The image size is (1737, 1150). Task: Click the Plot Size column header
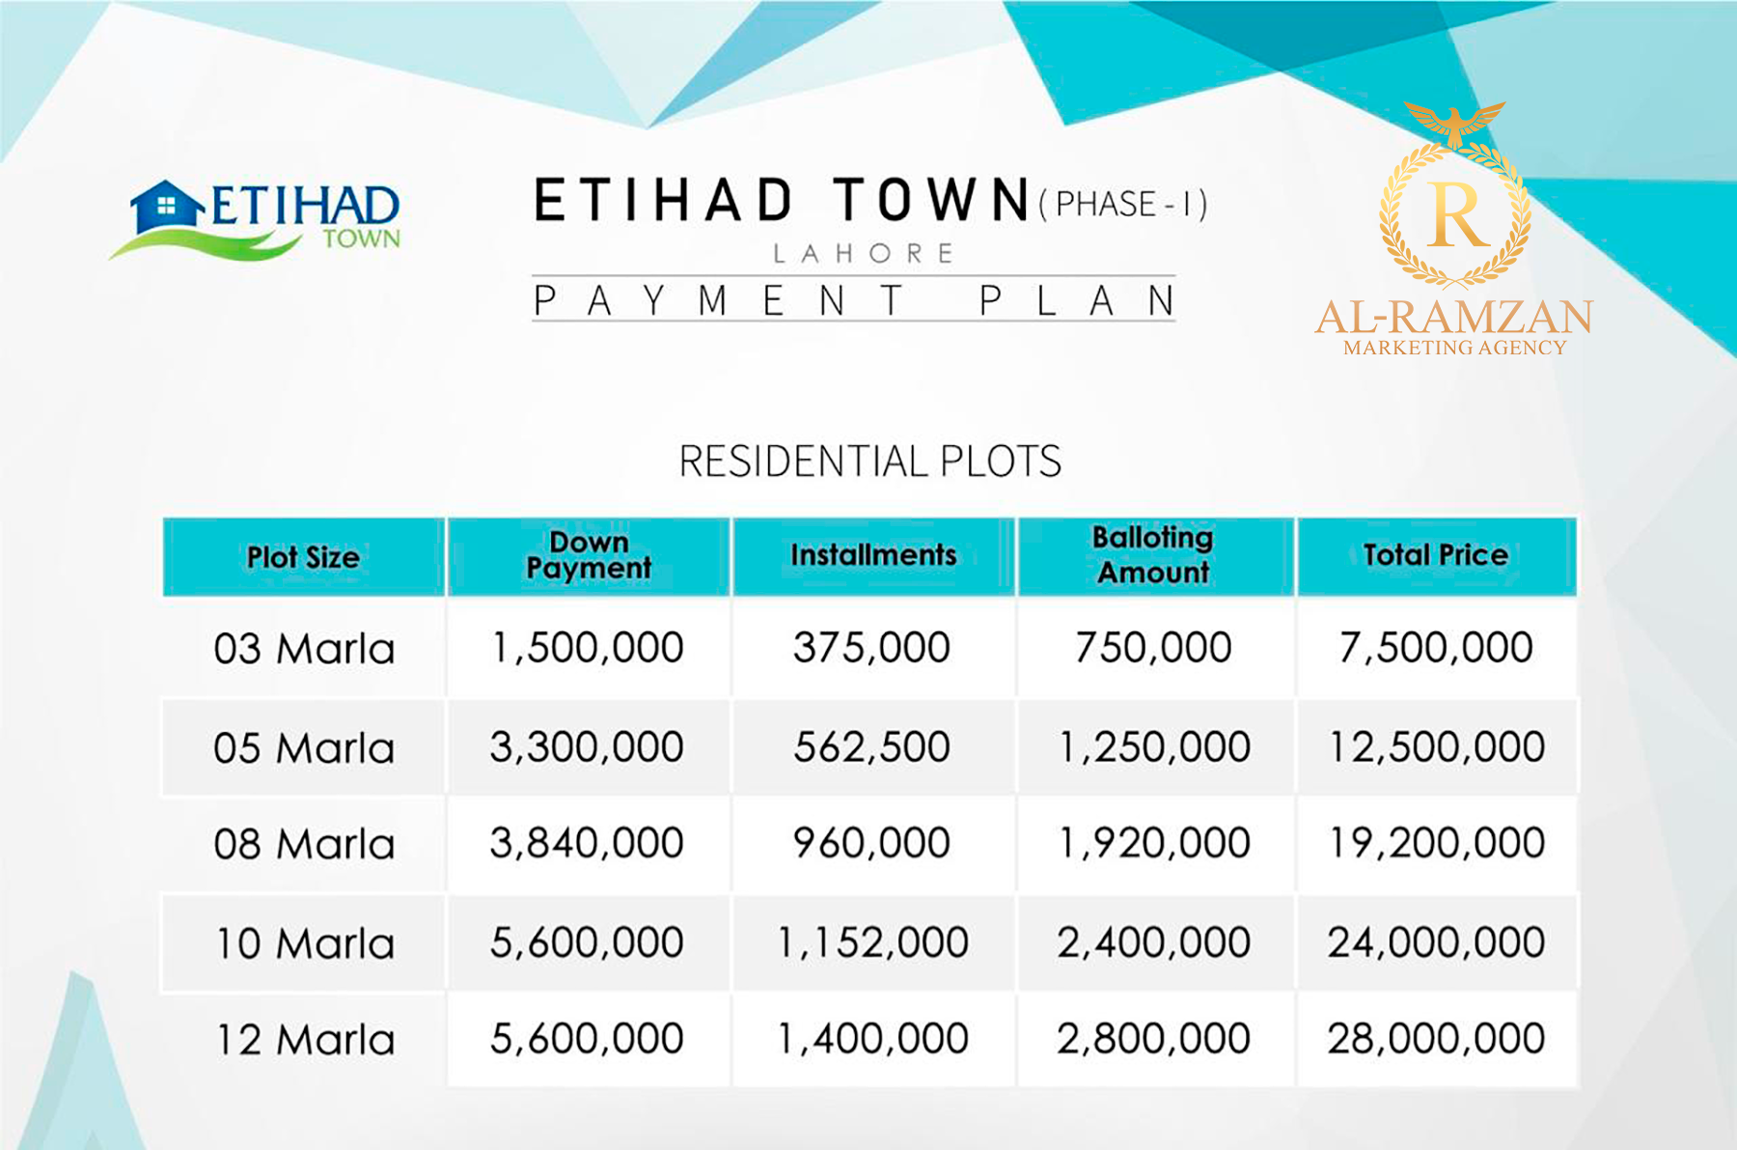pos(303,557)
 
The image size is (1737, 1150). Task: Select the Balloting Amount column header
pos(1154,555)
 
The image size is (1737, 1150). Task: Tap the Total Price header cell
pos(1436,555)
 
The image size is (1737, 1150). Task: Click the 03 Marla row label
pos(304,649)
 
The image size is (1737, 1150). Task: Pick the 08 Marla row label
pos(304,844)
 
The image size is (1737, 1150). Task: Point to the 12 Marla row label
pos(305,1040)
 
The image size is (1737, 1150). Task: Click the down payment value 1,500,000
pos(588,648)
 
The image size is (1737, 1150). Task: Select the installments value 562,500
pos(871,746)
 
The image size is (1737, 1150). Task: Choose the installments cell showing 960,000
pos(871,843)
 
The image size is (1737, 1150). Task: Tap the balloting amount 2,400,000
pos(1154,942)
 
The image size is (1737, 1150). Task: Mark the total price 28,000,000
pos(1436,1039)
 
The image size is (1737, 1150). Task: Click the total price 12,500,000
pos(1437,747)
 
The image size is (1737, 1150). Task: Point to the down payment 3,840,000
pos(587,843)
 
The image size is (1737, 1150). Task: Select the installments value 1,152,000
pos(872,942)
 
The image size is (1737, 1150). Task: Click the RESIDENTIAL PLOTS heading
pos(870,462)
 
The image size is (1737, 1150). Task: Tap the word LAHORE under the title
pos(864,254)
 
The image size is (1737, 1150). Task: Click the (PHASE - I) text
pos(1123,204)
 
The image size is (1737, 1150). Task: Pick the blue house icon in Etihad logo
pos(166,206)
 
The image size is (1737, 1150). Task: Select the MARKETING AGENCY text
pos(1454,348)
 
